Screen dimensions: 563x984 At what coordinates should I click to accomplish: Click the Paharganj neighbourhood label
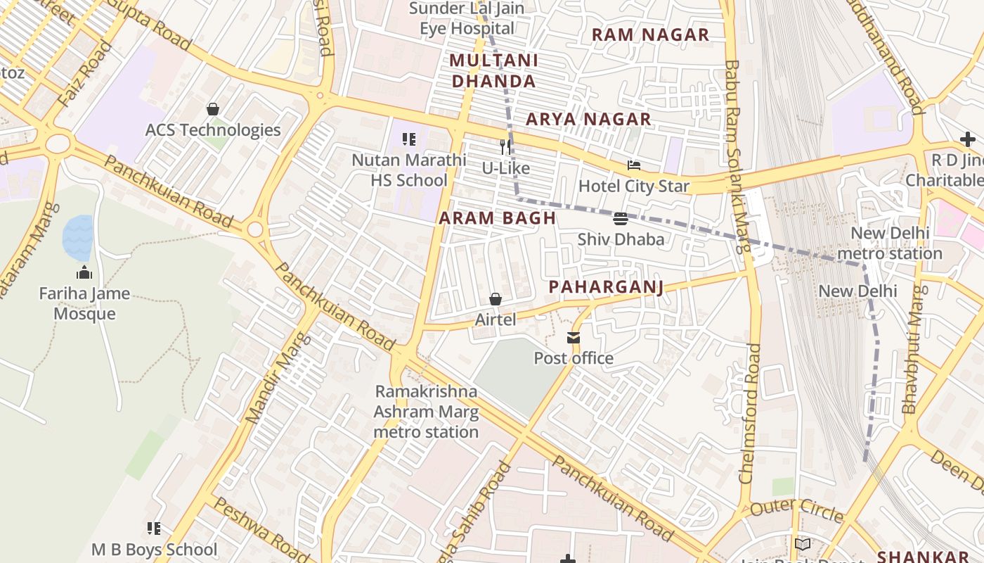pyautogui.click(x=606, y=286)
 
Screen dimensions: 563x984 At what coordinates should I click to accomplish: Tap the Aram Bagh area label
pyautogui.click(x=498, y=218)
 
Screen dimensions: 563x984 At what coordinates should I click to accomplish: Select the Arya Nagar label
pyautogui.click(x=588, y=120)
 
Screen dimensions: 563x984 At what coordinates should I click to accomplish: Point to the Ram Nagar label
pyautogui.click(x=650, y=34)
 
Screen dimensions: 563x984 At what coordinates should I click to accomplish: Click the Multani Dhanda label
pyautogui.click(x=493, y=70)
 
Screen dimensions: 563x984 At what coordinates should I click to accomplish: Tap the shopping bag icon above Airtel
pyautogui.click(x=496, y=299)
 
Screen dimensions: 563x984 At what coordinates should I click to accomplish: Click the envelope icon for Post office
pyautogui.click(x=574, y=338)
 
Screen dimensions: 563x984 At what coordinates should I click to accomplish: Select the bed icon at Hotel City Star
pyautogui.click(x=634, y=166)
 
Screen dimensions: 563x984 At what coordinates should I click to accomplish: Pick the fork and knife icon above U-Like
pyautogui.click(x=505, y=147)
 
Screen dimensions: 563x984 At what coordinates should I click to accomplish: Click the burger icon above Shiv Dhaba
pyautogui.click(x=620, y=219)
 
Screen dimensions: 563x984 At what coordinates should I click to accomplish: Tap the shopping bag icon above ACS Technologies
pyautogui.click(x=213, y=109)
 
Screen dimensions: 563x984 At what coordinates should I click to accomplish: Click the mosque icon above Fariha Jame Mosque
pyautogui.click(x=84, y=272)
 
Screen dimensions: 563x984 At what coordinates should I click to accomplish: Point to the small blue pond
pyautogui.click(x=77, y=237)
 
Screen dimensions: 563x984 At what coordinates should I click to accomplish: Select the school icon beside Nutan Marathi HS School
pyautogui.click(x=409, y=139)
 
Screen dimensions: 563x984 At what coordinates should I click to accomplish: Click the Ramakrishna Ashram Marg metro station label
pyautogui.click(x=426, y=412)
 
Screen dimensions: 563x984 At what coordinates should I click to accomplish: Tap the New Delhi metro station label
pyautogui.click(x=890, y=243)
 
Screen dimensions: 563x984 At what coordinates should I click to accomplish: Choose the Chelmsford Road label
pyautogui.click(x=750, y=413)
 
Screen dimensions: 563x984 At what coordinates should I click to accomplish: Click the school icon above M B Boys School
pyautogui.click(x=154, y=528)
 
